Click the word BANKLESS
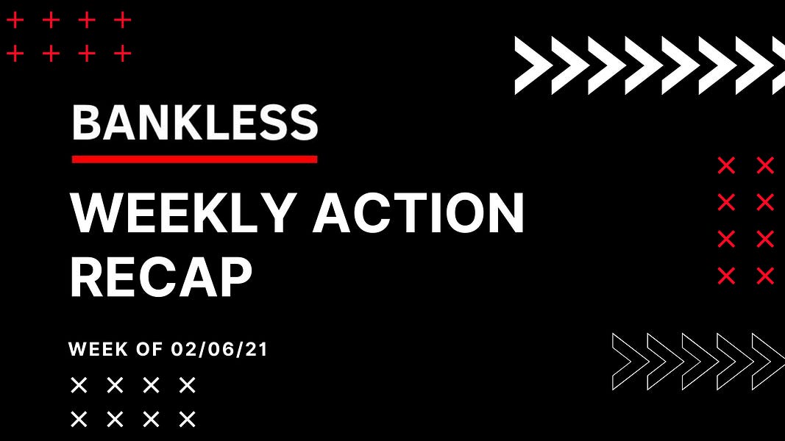(195, 123)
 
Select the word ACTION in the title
(419, 213)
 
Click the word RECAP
(160, 277)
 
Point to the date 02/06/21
(219, 349)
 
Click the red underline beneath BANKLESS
(195, 159)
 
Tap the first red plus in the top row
(15, 21)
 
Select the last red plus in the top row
(123, 21)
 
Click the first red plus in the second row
(15, 53)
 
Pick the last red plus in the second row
(123, 53)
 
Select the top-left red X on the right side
(726, 165)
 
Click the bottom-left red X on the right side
(726, 276)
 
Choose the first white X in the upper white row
(79, 385)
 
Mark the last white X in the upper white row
(188, 385)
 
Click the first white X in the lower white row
(79, 419)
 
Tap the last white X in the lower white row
(188, 419)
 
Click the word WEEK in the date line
(98, 349)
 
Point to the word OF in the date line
(149, 349)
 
